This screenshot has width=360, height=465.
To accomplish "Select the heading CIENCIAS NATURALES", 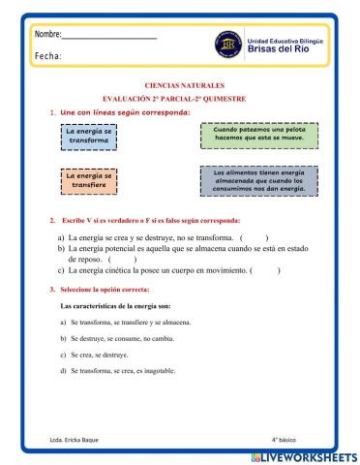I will (x=180, y=85).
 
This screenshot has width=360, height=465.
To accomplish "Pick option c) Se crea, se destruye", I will (x=101, y=356).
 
